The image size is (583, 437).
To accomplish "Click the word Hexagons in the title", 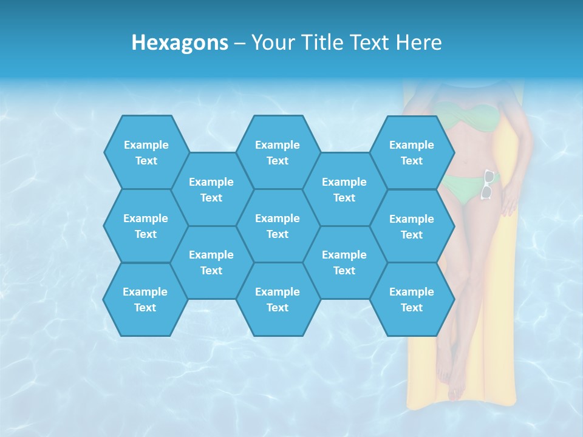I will click(180, 42).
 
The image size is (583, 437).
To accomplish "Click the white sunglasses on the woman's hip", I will click(488, 185).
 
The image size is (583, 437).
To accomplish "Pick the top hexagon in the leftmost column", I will click(146, 152).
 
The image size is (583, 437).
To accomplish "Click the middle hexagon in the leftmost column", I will click(146, 226).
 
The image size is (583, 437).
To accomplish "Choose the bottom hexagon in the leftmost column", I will click(145, 299).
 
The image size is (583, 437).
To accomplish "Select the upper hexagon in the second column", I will click(211, 189).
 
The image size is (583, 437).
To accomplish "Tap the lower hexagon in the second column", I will click(211, 262).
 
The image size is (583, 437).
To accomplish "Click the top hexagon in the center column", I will click(278, 152).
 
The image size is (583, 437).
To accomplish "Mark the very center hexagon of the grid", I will click(278, 226).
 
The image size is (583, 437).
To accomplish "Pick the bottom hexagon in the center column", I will click(278, 299).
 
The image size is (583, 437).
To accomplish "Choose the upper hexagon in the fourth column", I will click(344, 189).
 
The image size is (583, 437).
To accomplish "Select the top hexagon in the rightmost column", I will click(412, 152).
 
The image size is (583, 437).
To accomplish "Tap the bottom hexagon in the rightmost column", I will click(412, 299).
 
